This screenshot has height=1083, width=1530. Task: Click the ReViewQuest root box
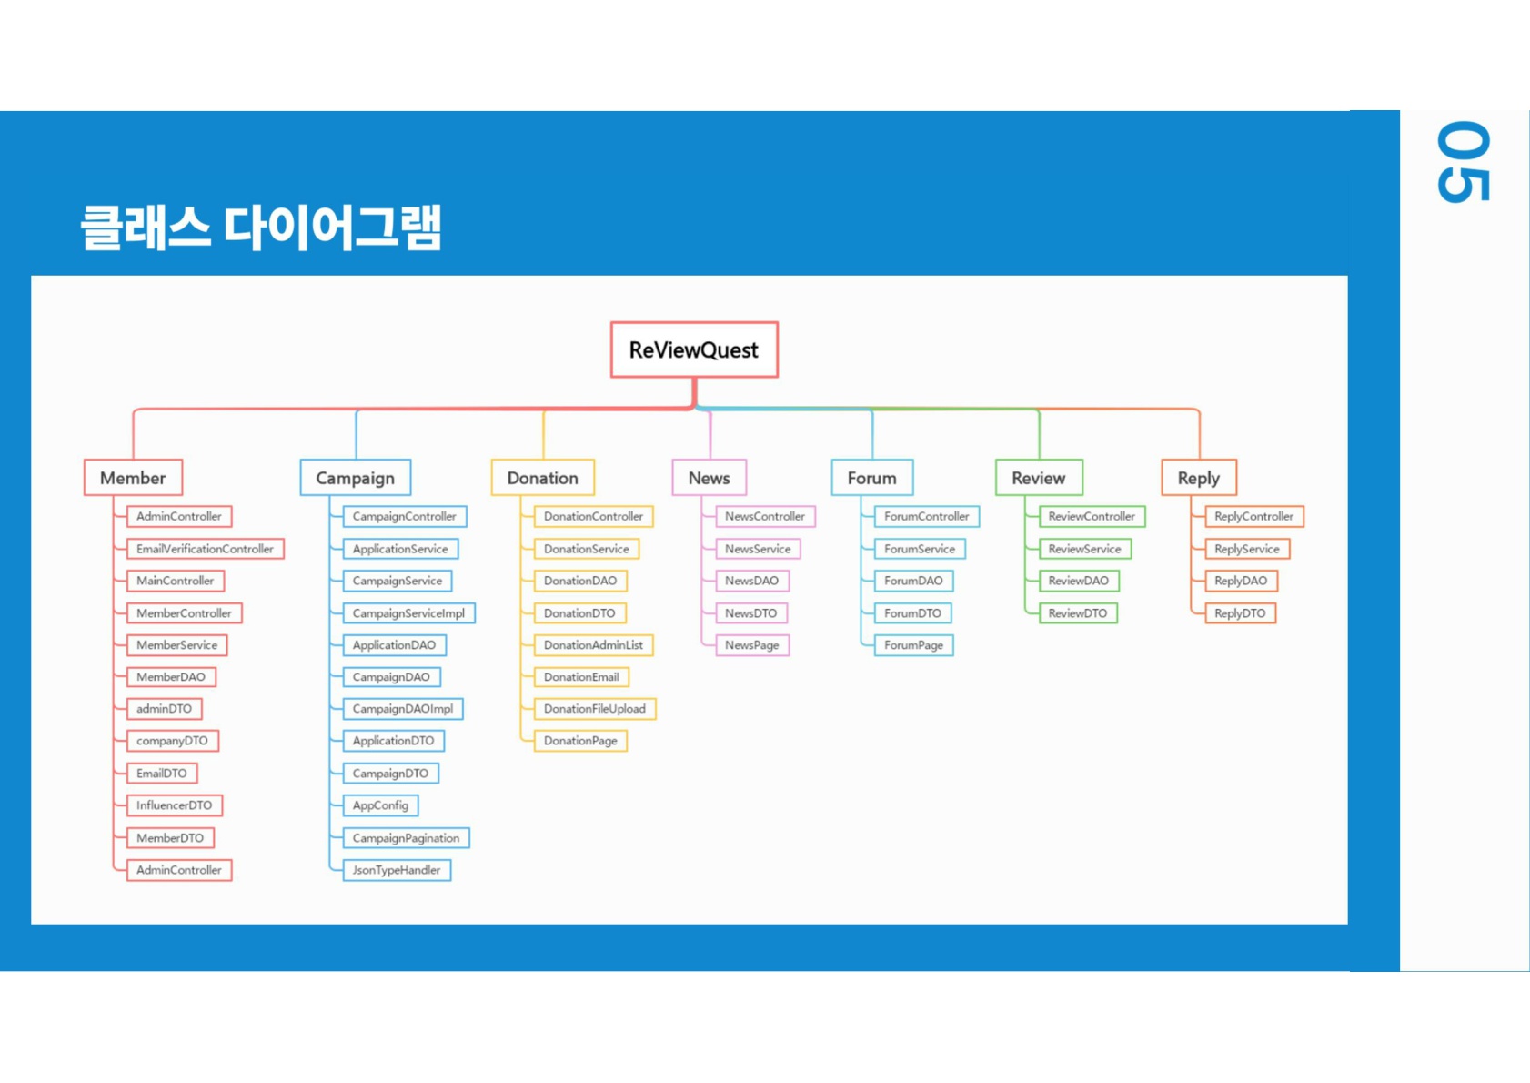pos(694,349)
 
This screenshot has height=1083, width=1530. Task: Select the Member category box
pos(133,478)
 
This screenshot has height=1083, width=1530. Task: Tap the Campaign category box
pos(355,478)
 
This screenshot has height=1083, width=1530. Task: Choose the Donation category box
pos(542,478)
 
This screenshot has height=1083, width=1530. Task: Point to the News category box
pos(709,478)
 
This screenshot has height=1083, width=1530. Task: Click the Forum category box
pos(871,478)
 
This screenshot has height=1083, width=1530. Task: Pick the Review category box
pos(1038,478)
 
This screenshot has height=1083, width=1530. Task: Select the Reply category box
pos(1198,478)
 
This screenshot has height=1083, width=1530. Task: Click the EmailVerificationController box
pos(205,549)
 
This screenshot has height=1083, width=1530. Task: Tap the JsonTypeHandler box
pos(397,870)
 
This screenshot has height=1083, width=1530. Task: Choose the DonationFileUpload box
pos(594,709)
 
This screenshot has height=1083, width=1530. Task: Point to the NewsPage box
pos(751,645)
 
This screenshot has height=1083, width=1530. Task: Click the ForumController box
pos(926,516)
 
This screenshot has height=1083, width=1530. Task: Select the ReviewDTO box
pos(1077,613)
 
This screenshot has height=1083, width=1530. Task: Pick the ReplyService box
pos(1246,549)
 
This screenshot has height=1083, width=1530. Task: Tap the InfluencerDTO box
pos(174,805)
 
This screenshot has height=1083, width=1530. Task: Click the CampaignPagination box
pos(406,838)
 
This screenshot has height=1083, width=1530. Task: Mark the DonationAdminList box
pos(593,645)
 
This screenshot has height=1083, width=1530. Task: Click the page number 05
pos(1463,162)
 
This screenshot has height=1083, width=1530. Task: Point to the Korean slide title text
pos(261,228)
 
